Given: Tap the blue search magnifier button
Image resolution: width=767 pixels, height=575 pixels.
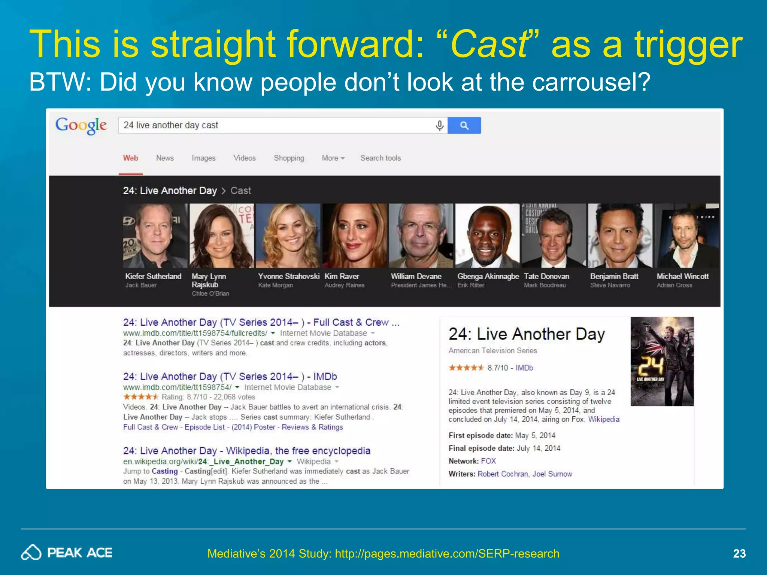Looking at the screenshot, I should [x=464, y=125].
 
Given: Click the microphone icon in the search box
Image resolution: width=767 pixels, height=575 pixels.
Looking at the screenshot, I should [x=440, y=125].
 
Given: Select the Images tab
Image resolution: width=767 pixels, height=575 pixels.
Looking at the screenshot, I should [x=203, y=158].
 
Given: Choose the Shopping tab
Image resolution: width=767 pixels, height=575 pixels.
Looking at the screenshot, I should [x=289, y=158].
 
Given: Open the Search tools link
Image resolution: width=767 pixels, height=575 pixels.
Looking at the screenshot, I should [x=381, y=158].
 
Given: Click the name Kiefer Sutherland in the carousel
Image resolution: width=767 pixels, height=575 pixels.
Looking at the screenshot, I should [x=153, y=276].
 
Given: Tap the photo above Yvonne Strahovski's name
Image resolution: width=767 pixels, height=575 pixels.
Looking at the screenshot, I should [x=288, y=235].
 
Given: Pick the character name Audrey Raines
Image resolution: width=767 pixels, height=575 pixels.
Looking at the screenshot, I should [x=344, y=285].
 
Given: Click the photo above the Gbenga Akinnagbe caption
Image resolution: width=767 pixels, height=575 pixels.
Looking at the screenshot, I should [x=487, y=235].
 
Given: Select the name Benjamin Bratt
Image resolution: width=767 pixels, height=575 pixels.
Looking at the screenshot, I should [x=614, y=276].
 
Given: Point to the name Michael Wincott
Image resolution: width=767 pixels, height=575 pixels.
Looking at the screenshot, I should [x=682, y=276].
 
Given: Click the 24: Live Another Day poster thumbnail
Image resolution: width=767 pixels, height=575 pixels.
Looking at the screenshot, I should [x=662, y=361].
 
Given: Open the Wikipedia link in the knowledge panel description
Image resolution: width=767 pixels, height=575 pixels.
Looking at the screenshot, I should [x=604, y=419].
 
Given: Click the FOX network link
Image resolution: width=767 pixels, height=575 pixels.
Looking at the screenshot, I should [x=488, y=461].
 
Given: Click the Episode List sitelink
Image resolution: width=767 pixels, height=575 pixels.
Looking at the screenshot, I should [x=204, y=427].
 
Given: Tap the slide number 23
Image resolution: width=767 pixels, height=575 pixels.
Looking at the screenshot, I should [x=739, y=553].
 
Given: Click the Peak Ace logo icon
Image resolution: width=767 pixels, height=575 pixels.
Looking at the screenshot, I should [x=31, y=553].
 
